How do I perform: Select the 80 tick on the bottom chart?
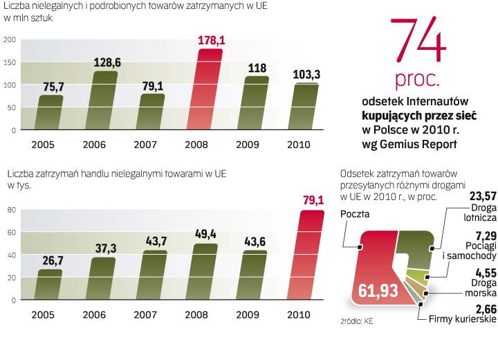click(x=11, y=209)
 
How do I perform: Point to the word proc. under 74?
click(x=417, y=80)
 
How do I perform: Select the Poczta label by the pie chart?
click(x=355, y=214)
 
